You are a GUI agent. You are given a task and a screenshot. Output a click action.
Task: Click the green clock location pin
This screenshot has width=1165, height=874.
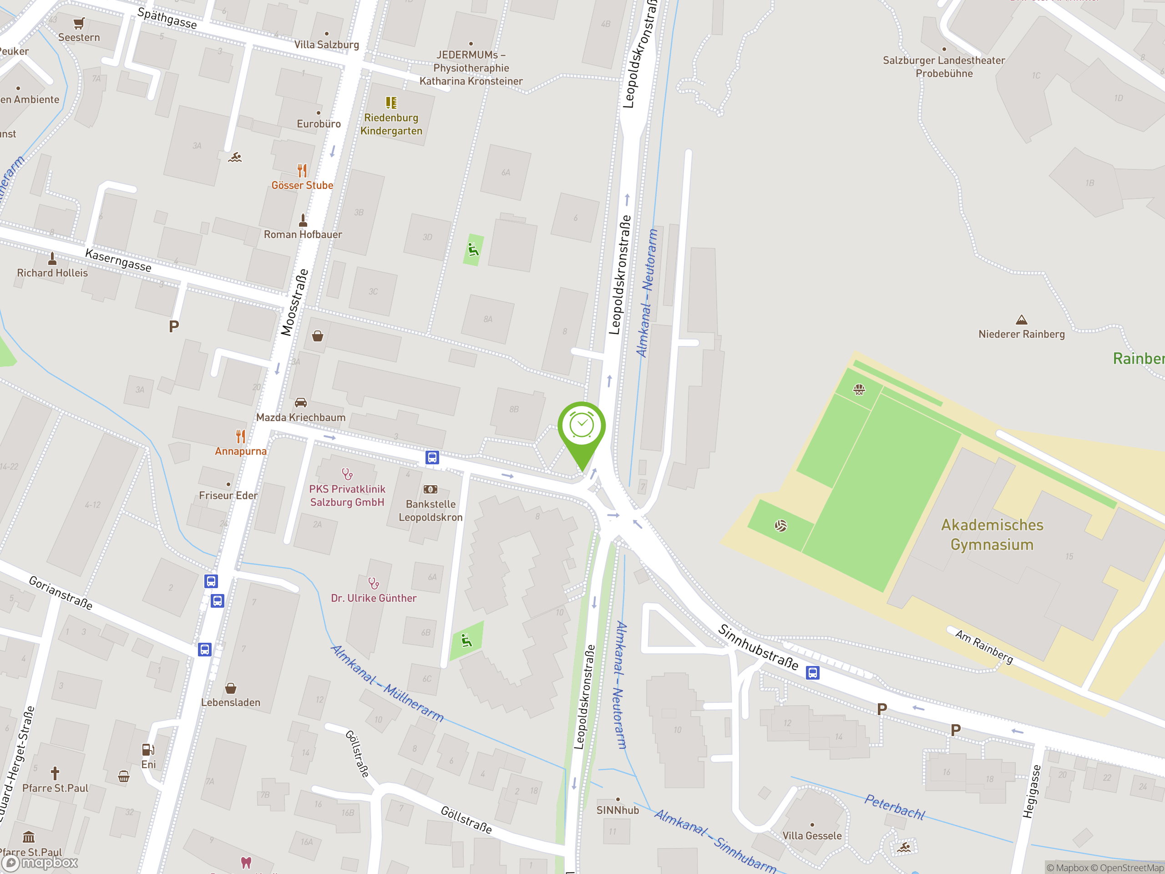click(582, 428)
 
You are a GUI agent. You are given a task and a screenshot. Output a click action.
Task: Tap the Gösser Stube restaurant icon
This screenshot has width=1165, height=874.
click(302, 170)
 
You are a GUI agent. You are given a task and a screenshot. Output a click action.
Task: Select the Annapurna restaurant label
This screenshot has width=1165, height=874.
click(241, 452)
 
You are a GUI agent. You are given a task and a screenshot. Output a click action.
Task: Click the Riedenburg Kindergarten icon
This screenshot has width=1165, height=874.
click(391, 102)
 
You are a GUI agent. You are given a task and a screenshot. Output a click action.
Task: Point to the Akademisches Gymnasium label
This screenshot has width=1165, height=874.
click(992, 535)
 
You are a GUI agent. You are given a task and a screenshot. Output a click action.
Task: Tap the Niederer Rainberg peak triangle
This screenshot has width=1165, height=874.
click(1021, 320)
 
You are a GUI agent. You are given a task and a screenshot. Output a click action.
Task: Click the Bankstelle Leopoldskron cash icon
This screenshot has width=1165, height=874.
click(431, 489)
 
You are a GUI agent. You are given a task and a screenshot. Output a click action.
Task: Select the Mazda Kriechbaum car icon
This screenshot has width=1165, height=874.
click(301, 403)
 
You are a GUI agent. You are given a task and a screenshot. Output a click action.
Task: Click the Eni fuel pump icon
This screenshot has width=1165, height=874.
click(148, 750)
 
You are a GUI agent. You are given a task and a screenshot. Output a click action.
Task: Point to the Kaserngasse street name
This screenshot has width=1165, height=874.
click(118, 260)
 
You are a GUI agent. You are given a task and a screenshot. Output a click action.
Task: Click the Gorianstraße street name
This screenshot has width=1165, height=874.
click(61, 593)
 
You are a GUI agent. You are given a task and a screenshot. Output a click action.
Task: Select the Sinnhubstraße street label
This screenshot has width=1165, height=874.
click(759, 647)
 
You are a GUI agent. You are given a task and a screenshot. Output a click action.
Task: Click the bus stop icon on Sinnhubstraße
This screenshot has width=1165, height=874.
click(813, 673)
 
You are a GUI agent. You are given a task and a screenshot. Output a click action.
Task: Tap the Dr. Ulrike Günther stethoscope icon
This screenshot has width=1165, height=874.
click(374, 583)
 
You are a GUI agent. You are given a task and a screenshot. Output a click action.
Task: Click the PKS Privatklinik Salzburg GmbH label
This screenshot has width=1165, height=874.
click(347, 496)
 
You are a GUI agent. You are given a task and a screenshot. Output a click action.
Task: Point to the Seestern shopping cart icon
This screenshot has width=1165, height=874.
click(79, 23)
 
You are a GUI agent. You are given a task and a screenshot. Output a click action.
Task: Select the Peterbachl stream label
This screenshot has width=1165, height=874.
click(894, 807)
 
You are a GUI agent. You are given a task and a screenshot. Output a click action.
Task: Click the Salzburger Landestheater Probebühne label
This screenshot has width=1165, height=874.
click(944, 67)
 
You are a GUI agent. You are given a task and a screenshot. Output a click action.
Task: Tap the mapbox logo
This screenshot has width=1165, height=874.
click(40, 863)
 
